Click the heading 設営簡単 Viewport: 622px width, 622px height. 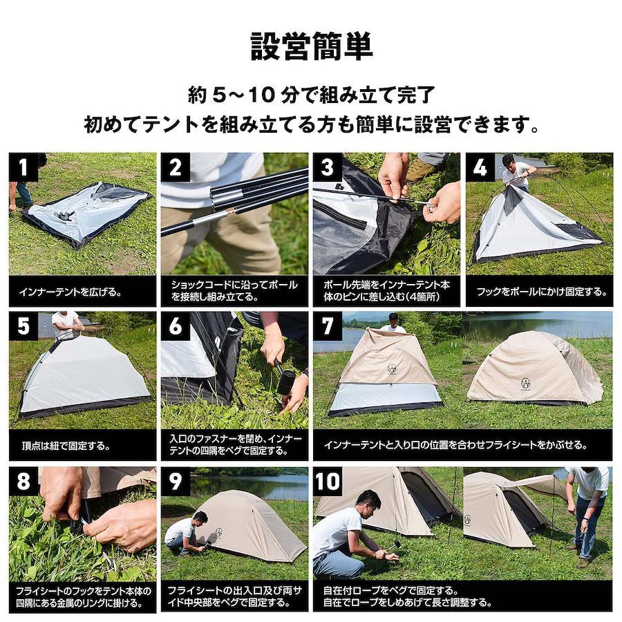click(312, 47)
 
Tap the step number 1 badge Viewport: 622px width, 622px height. click(23, 167)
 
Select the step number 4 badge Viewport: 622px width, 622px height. click(480, 167)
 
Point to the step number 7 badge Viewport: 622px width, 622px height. click(328, 326)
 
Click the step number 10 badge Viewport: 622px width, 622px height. click(328, 481)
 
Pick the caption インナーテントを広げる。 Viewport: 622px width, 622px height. click(70, 292)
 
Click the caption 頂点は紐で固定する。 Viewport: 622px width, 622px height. click(66, 446)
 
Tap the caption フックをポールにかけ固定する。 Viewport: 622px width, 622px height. click(542, 292)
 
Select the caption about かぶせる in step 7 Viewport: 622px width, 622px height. click(455, 444)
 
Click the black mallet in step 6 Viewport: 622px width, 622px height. click(285, 381)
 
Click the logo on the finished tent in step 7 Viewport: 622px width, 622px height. click(526, 384)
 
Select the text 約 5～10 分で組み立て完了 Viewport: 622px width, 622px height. click(312, 95)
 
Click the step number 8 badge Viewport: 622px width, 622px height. click(23, 481)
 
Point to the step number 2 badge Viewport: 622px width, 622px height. click(176, 167)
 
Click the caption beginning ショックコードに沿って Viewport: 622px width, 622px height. click(234, 290)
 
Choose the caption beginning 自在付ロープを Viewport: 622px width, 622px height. click(408, 596)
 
